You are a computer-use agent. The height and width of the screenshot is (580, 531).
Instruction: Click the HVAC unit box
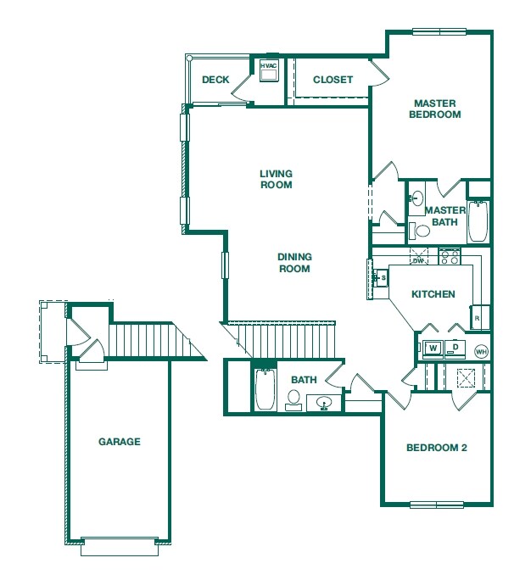(x=269, y=71)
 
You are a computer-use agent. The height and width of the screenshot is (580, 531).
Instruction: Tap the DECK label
(x=215, y=81)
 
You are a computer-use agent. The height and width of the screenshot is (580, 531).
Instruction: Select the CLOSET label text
(x=333, y=81)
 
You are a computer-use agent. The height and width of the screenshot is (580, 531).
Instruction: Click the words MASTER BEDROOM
(x=434, y=109)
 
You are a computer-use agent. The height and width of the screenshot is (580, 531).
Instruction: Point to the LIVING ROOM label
(x=276, y=179)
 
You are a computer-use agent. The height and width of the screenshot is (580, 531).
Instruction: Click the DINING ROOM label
(x=293, y=263)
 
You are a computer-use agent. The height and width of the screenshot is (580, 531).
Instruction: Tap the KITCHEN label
(x=433, y=294)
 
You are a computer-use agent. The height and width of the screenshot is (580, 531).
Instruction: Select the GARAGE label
(x=119, y=442)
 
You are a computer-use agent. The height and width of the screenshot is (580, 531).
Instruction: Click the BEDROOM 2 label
(x=436, y=448)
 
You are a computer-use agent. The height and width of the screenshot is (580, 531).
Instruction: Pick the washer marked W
(x=433, y=348)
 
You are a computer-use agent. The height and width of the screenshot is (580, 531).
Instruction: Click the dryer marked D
(x=455, y=348)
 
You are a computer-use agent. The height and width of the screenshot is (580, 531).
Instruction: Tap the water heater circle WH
(x=481, y=351)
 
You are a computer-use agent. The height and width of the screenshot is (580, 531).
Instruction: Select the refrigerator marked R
(x=477, y=317)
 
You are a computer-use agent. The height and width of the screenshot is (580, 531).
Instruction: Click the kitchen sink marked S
(x=378, y=278)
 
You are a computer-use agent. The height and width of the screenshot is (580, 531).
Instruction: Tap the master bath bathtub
(x=478, y=222)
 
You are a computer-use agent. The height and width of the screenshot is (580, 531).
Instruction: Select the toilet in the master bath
(x=422, y=230)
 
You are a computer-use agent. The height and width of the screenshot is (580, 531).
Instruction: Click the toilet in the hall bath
(x=294, y=399)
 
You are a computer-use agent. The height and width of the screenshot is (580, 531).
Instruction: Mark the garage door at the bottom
(x=120, y=546)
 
